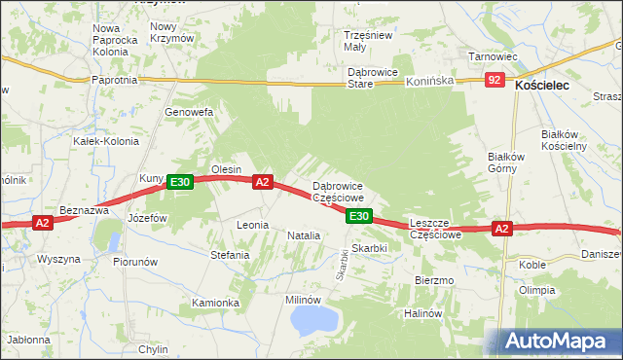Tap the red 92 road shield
pyautogui.click(x=495, y=80)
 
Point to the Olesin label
pyautogui.click(x=226, y=169)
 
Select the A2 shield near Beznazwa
pyautogui.click(x=42, y=223)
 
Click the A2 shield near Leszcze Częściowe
pyautogui.click(x=500, y=229)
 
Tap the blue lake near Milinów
pyautogui.click(x=312, y=319)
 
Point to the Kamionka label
pyautogui.click(x=215, y=303)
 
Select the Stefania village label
pyautogui.click(x=230, y=256)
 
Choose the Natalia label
pyautogui.click(x=303, y=235)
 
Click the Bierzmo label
pyautogui.click(x=434, y=280)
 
